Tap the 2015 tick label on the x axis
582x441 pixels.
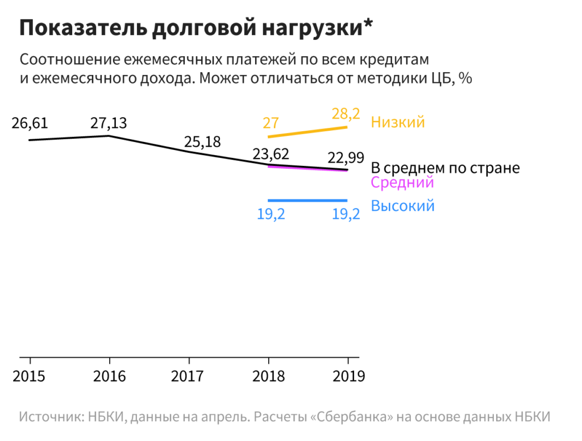30,376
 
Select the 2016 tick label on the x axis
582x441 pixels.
109,376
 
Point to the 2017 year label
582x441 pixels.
189,376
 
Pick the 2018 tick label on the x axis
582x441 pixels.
268,376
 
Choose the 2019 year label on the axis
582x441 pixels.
347,376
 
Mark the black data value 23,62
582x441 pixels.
271,153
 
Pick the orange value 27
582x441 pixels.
270,123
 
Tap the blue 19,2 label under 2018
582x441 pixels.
271,215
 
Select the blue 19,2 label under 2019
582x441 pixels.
346,215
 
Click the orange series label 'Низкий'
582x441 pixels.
398,122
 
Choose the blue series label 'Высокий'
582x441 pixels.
403,206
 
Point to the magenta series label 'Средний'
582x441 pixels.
402,182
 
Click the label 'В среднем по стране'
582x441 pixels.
445,168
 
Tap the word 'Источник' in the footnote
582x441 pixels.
51,416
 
